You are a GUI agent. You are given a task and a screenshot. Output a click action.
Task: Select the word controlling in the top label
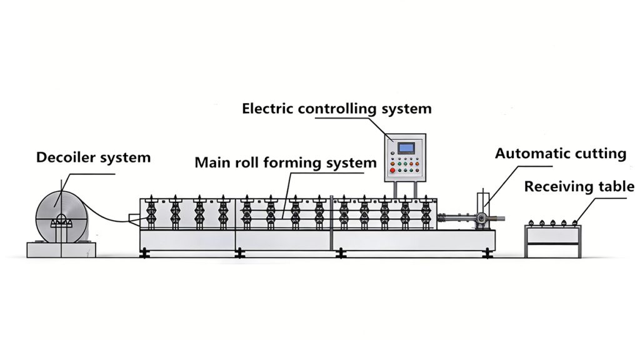[338, 109]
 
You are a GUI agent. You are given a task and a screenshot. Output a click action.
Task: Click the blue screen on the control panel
[406, 148]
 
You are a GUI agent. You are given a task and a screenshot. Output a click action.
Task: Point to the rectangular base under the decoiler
[61, 249]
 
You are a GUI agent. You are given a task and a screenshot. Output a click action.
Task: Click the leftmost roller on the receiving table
[532, 222]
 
